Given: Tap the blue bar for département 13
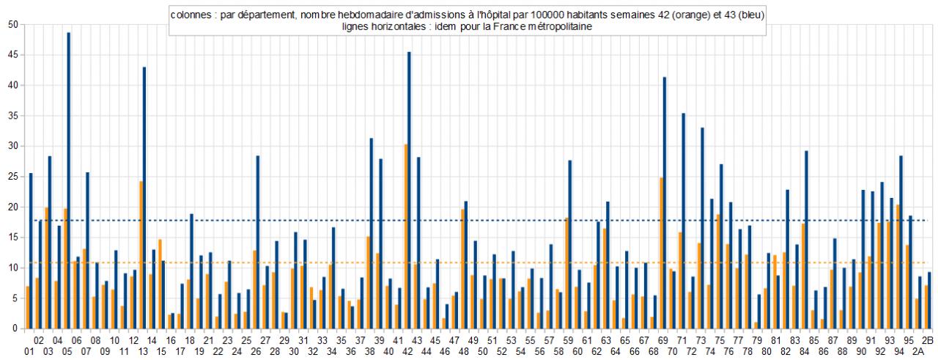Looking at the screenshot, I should [x=144, y=198].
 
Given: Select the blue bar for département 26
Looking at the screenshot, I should [x=258, y=242].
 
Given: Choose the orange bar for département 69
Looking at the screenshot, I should [x=661, y=253].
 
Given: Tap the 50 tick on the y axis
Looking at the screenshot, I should [x=13, y=25].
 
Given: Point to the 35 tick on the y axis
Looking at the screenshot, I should [x=13, y=116].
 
